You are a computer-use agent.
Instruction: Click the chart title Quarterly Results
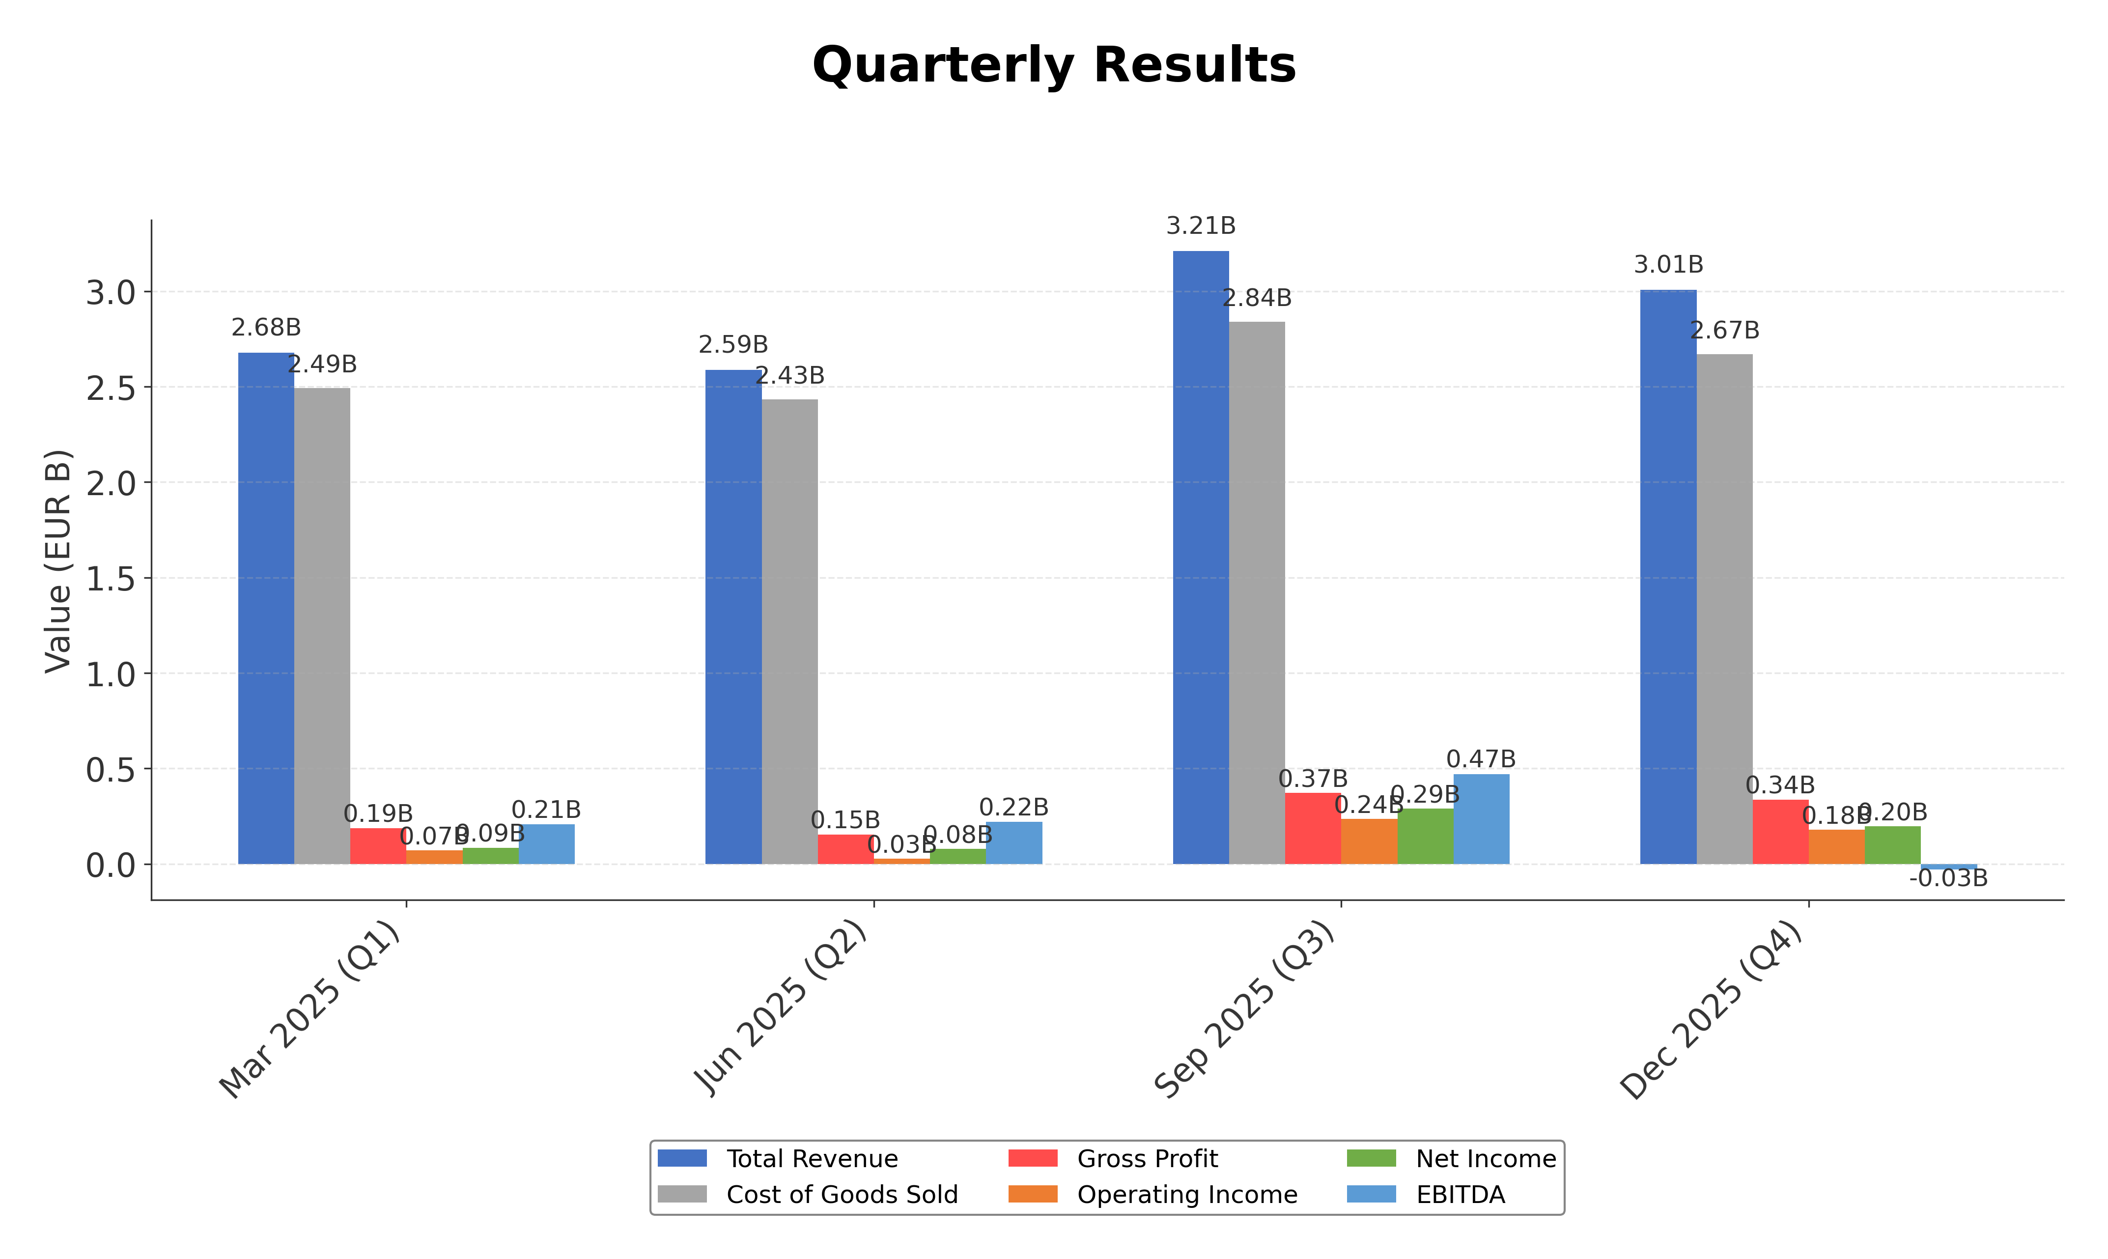pos(1054,65)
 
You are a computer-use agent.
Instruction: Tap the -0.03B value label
pos(1948,879)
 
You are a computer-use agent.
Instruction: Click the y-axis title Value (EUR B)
pos(57,561)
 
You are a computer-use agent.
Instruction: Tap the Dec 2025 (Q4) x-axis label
pos(1712,1011)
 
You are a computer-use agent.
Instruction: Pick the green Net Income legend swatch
pos(1371,1159)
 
